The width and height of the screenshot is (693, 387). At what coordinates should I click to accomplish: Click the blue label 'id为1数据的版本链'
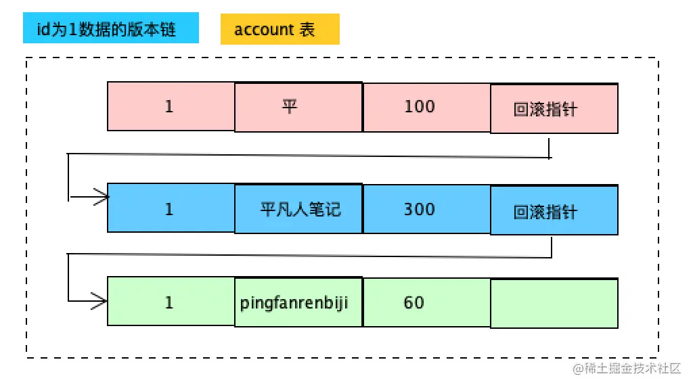[x=111, y=30]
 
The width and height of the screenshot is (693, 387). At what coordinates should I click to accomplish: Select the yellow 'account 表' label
[x=280, y=30]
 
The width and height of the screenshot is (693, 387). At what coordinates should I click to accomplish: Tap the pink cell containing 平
[x=298, y=107]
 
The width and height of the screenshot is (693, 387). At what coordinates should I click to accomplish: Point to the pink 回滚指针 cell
[x=554, y=109]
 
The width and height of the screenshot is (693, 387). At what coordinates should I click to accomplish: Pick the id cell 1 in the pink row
[x=171, y=106]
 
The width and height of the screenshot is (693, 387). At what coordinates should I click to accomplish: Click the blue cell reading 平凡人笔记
[x=298, y=209]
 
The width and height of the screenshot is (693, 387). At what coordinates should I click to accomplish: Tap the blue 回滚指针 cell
[x=554, y=211]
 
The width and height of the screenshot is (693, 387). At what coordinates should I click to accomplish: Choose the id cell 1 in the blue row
[x=171, y=208]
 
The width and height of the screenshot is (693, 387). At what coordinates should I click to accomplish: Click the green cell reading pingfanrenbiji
[x=298, y=302]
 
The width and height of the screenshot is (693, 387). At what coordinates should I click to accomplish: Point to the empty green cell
[x=554, y=303]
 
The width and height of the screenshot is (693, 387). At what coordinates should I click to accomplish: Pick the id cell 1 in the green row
[x=171, y=302]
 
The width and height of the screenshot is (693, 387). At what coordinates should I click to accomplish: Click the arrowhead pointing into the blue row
[x=102, y=198]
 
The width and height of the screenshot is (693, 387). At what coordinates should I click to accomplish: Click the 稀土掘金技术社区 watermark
[x=627, y=368]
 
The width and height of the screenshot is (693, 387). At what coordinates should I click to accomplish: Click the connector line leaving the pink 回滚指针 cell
[x=549, y=148]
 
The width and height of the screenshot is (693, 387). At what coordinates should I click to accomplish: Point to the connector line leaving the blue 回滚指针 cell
[x=552, y=246]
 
